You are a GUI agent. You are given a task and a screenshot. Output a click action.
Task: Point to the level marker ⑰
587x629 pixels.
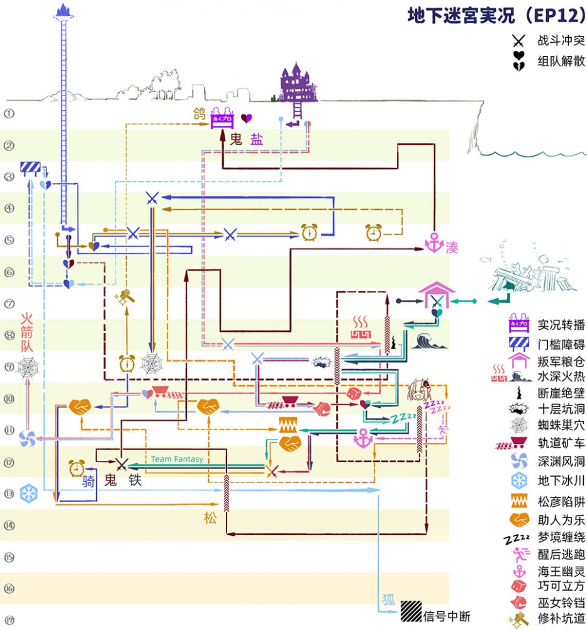(x=9, y=620)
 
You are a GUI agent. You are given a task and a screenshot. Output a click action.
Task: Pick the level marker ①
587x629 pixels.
(x=9, y=114)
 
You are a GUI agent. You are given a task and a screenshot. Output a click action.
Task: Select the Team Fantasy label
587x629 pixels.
(x=177, y=459)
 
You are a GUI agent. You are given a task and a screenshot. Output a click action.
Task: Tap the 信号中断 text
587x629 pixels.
(x=447, y=616)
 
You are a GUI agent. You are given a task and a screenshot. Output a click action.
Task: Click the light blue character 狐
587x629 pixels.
(x=388, y=599)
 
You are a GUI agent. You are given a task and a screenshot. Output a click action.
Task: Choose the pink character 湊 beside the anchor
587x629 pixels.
(x=452, y=247)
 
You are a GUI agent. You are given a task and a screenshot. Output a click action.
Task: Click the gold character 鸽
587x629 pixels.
(x=199, y=114)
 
